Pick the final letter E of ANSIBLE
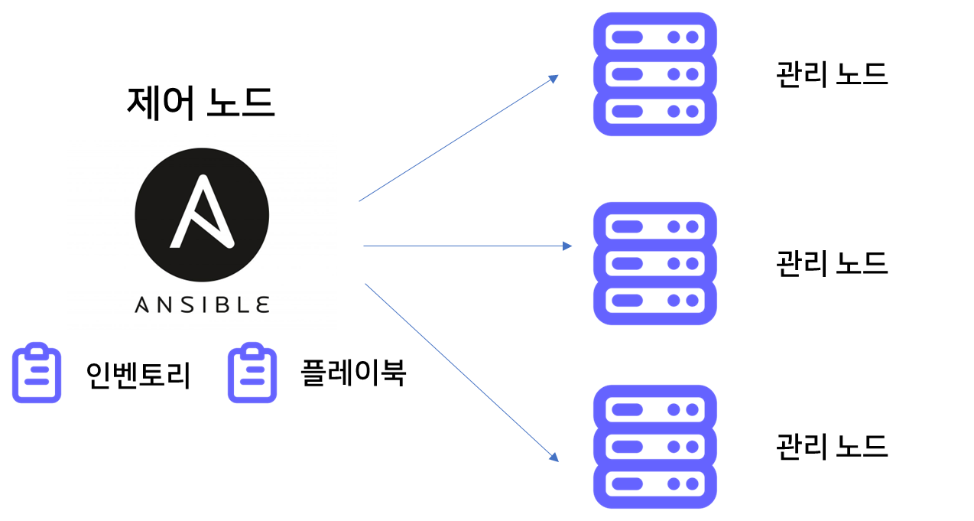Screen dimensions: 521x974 pos(262,304)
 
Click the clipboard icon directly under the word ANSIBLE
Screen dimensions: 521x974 pos(252,373)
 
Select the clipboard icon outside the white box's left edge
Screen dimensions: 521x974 pos(37,373)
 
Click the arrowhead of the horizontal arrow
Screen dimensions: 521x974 pos(568,246)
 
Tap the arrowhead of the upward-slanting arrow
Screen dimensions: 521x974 pos(554,77)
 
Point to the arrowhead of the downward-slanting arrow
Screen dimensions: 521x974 pos(554,457)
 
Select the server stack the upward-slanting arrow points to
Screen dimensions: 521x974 pos(655,74)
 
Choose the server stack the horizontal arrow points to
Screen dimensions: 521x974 pos(655,263)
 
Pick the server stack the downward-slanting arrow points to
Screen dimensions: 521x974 pos(655,446)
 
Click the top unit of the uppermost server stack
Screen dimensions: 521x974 pos(655,37)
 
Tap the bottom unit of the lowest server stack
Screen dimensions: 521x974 pos(655,483)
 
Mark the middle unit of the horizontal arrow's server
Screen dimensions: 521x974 pos(655,263)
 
